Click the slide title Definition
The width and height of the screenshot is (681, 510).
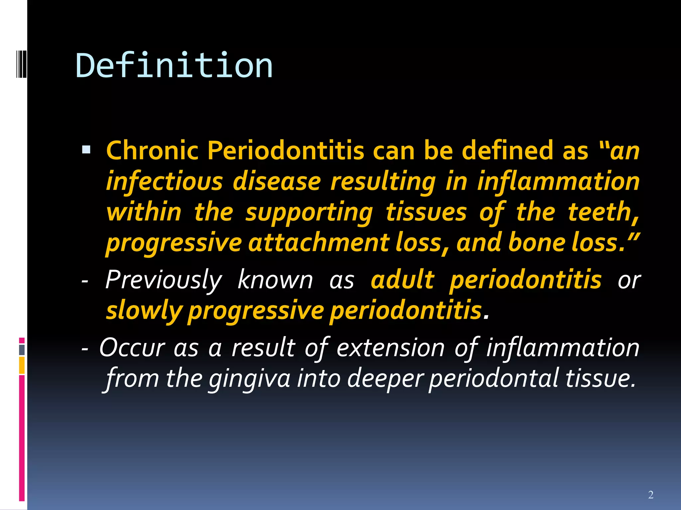click(x=174, y=66)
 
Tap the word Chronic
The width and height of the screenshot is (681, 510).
click(x=152, y=150)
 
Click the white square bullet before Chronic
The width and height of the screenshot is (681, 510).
click(x=86, y=150)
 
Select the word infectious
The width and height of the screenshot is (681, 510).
click(x=164, y=182)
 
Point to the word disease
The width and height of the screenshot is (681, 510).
click(x=277, y=182)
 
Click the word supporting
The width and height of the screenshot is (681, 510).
click(x=309, y=212)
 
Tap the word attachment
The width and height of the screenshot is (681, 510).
click(x=318, y=243)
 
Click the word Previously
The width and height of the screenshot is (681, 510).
click(x=163, y=280)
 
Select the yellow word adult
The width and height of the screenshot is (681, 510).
click(x=402, y=280)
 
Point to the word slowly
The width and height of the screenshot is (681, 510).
click(x=144, y=311)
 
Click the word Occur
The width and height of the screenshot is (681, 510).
click(x=132, y=348)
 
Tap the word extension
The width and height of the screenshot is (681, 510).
click(x=390, y=348)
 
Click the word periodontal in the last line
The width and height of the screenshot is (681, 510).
click(x=493, y=379)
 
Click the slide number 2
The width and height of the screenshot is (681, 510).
click(x=651, y=495)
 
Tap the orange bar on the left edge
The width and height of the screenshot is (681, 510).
click(x=22, y=365)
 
